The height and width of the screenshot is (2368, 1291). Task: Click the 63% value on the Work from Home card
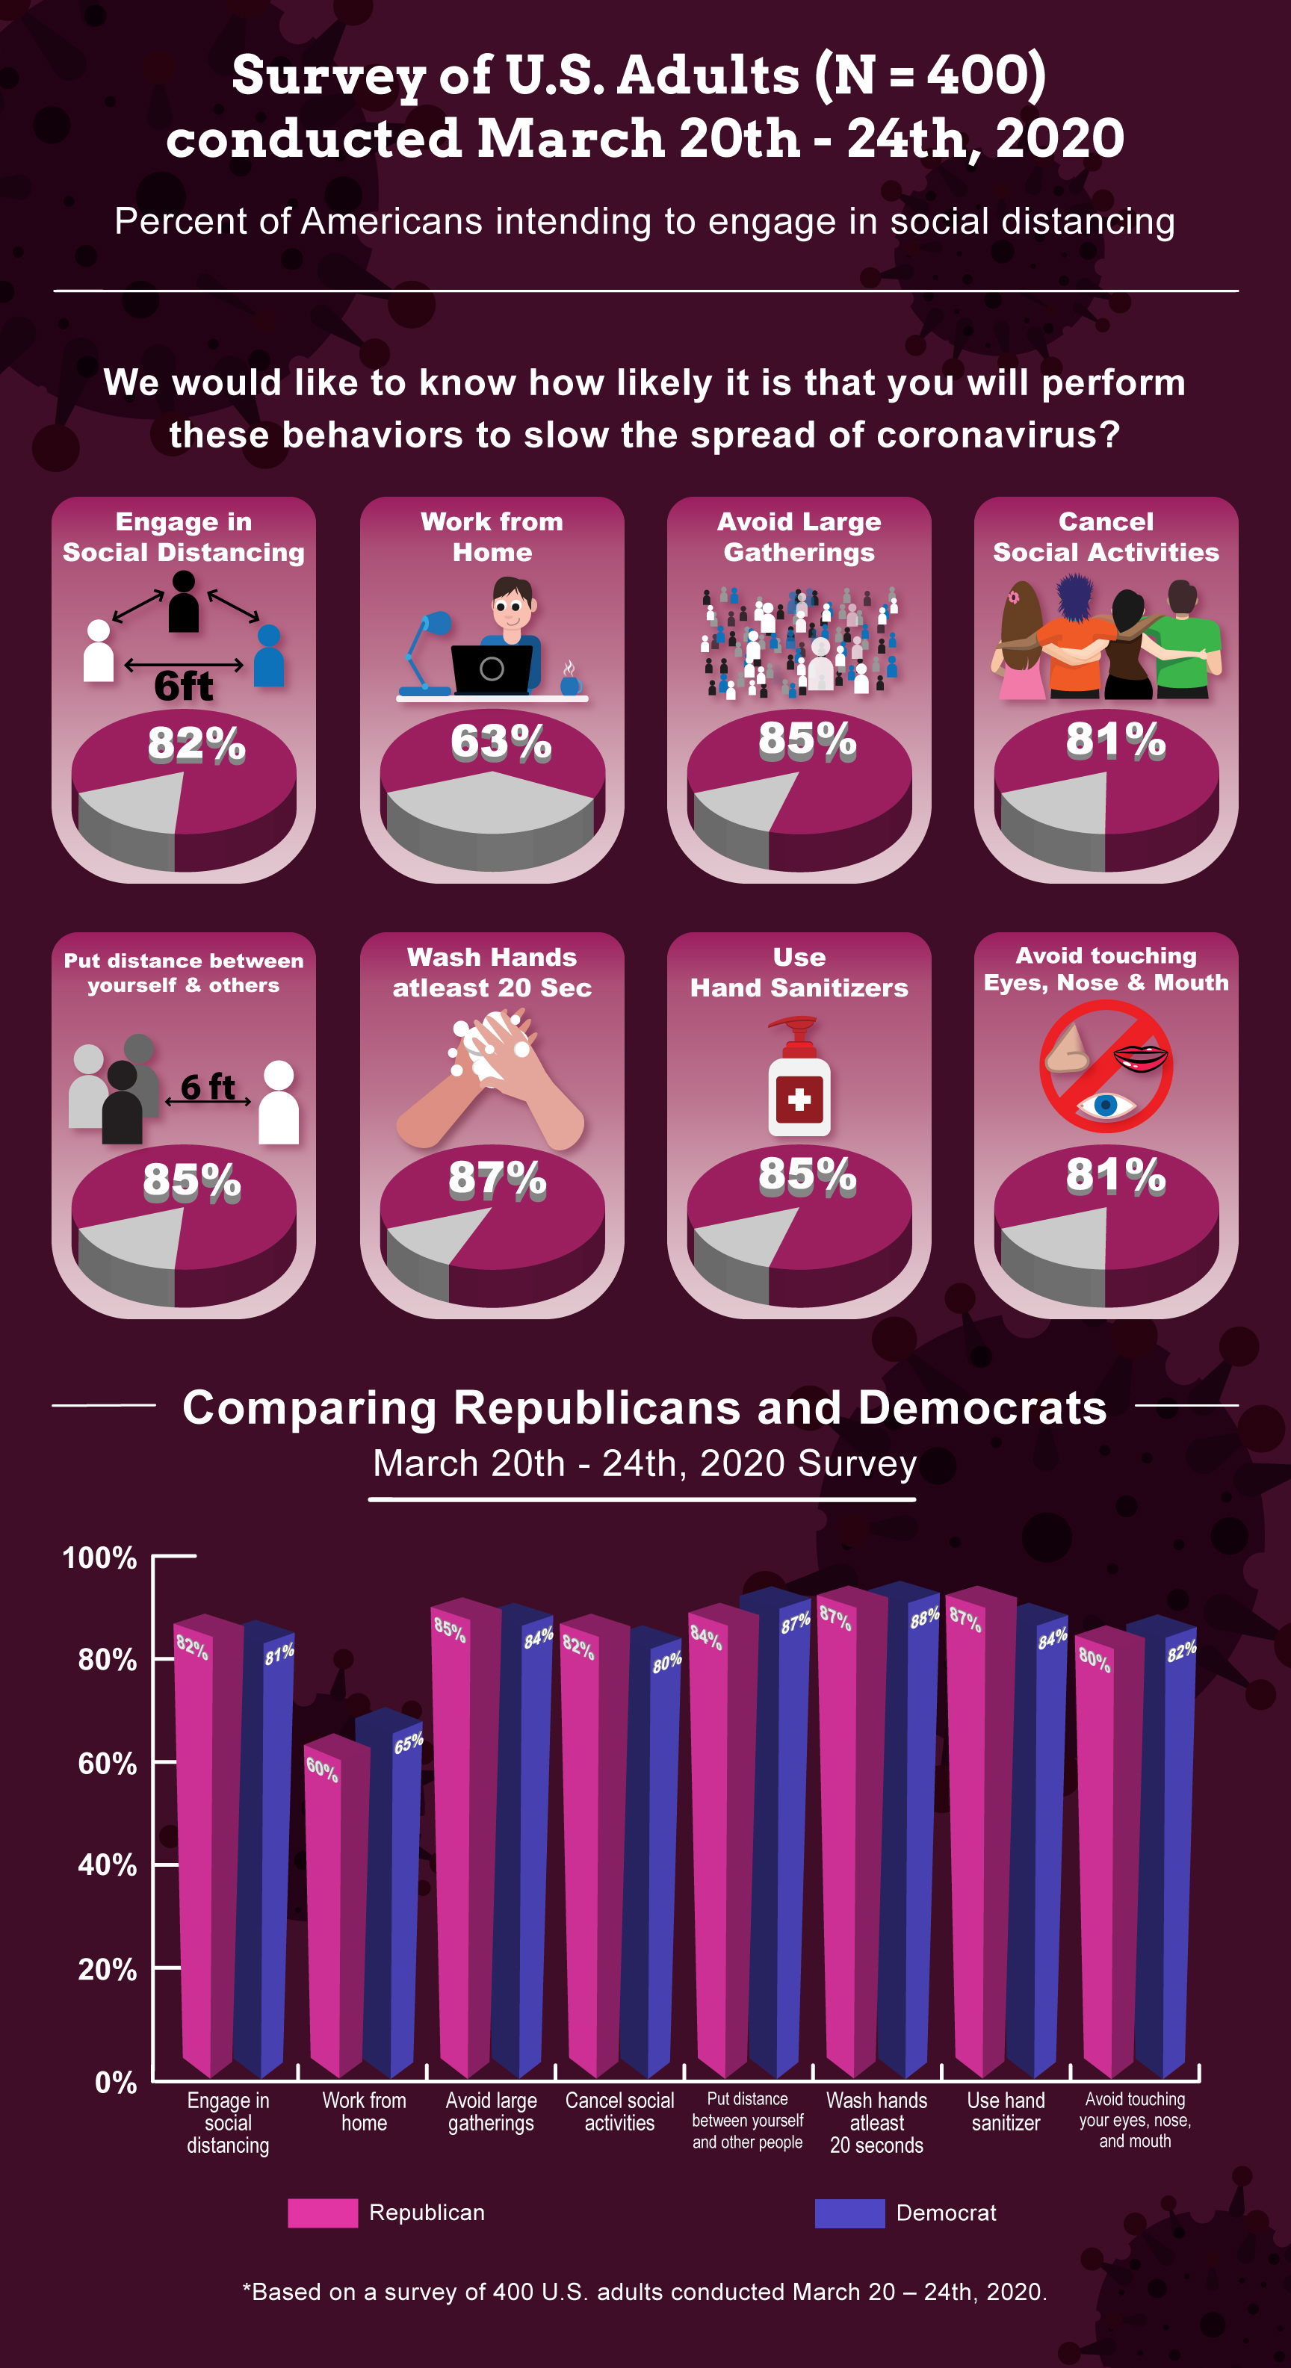(x=501, y=742)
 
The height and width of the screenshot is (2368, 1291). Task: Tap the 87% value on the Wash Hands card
(x=498, y=1180)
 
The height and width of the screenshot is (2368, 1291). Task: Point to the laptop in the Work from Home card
(x=492, y=669)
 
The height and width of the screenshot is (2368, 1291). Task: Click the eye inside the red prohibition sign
(x=1106, y=1103)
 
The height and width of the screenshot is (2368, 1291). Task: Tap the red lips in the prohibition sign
(x=1140, y=1058)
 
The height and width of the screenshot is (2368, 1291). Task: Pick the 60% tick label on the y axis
(x=107, y=1763)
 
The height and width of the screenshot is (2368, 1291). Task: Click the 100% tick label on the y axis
(x=99, y=1558)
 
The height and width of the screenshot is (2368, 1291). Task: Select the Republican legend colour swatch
(x=322, y=2213)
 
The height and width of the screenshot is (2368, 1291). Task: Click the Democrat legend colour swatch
(x=849, y=2213)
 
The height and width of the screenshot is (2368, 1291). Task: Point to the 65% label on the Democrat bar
(x=408, y=1743)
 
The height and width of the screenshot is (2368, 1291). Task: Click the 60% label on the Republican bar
(x=322, y=1769)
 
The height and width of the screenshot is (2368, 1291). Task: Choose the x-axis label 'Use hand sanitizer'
(x=1005, y=2112)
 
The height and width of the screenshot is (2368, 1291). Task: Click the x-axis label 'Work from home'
(x=364, y=2112)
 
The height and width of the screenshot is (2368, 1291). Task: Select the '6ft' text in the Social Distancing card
(x=183, y=686)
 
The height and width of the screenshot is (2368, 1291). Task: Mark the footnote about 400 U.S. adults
(x=645, y=2292)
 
